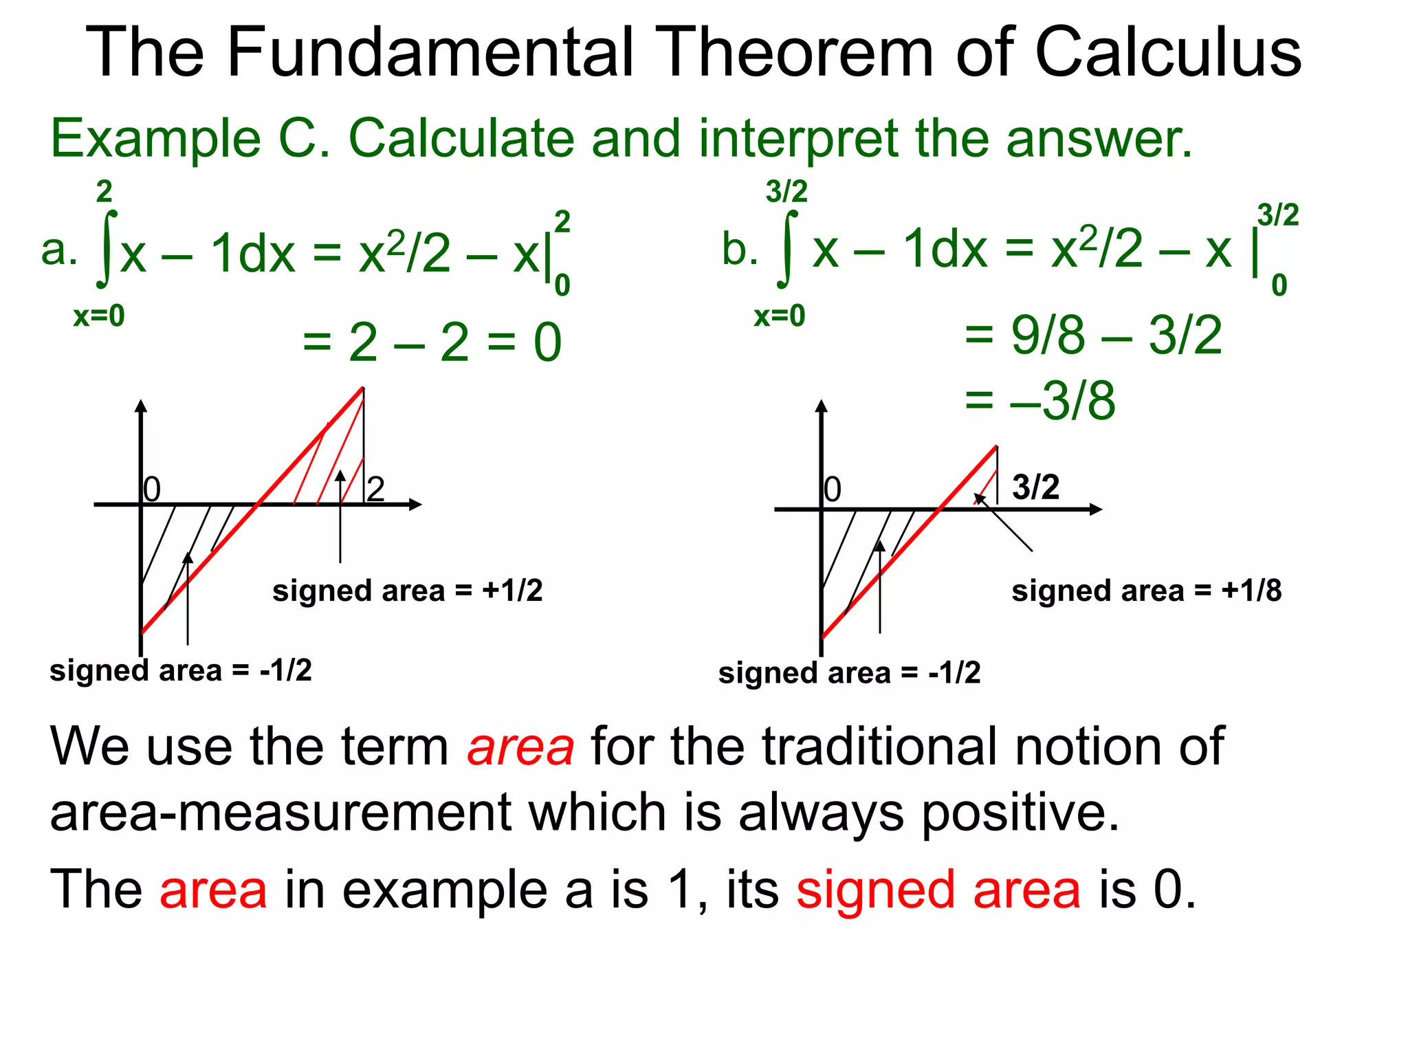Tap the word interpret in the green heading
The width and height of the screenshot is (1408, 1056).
click(797, 140)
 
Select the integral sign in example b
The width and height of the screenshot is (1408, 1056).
click(787, 249)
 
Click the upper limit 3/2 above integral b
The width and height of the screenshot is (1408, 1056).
click(786, 192)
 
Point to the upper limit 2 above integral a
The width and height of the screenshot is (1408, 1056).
click(104, 192)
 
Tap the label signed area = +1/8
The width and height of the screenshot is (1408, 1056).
click(1146, 591)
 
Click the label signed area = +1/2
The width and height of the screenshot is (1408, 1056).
click(407, 591)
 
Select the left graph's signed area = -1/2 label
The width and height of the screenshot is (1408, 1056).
click(180, 670)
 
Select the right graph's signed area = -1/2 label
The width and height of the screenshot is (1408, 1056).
click(849, 673)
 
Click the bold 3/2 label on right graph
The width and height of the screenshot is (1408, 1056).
click(1035, 487)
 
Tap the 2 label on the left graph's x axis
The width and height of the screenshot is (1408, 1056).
click(375, 489)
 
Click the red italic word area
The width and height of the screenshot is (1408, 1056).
click(520, 747)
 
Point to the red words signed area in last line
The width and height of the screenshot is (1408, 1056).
click(938, 890)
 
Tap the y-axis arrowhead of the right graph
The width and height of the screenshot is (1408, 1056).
click(821, 406)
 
